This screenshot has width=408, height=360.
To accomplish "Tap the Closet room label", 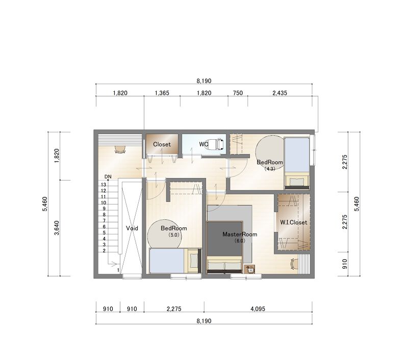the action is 162,144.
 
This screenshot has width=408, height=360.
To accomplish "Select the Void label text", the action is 132,228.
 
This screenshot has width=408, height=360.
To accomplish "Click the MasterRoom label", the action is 240,234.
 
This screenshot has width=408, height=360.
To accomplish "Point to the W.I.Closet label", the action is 294,222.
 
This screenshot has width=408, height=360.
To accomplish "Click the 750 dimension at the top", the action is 238,93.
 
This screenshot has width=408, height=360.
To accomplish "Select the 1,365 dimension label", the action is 162,93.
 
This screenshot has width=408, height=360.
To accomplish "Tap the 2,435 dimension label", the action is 279,93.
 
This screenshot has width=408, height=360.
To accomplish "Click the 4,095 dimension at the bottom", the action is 258,309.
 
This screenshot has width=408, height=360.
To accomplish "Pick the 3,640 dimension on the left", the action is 57,228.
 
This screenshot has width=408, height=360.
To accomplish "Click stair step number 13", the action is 104,185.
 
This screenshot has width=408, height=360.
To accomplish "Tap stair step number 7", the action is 104,221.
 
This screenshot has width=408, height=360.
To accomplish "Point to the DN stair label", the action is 108,176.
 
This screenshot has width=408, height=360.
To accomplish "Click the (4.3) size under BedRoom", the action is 270,169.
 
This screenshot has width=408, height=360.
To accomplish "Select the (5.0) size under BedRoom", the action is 173,235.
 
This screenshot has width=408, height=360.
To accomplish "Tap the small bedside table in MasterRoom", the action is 250,269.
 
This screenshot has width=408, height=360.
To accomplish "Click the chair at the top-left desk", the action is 120,149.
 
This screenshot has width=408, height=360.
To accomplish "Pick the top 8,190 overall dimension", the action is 204,81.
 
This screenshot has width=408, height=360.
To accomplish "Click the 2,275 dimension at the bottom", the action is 174,309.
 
